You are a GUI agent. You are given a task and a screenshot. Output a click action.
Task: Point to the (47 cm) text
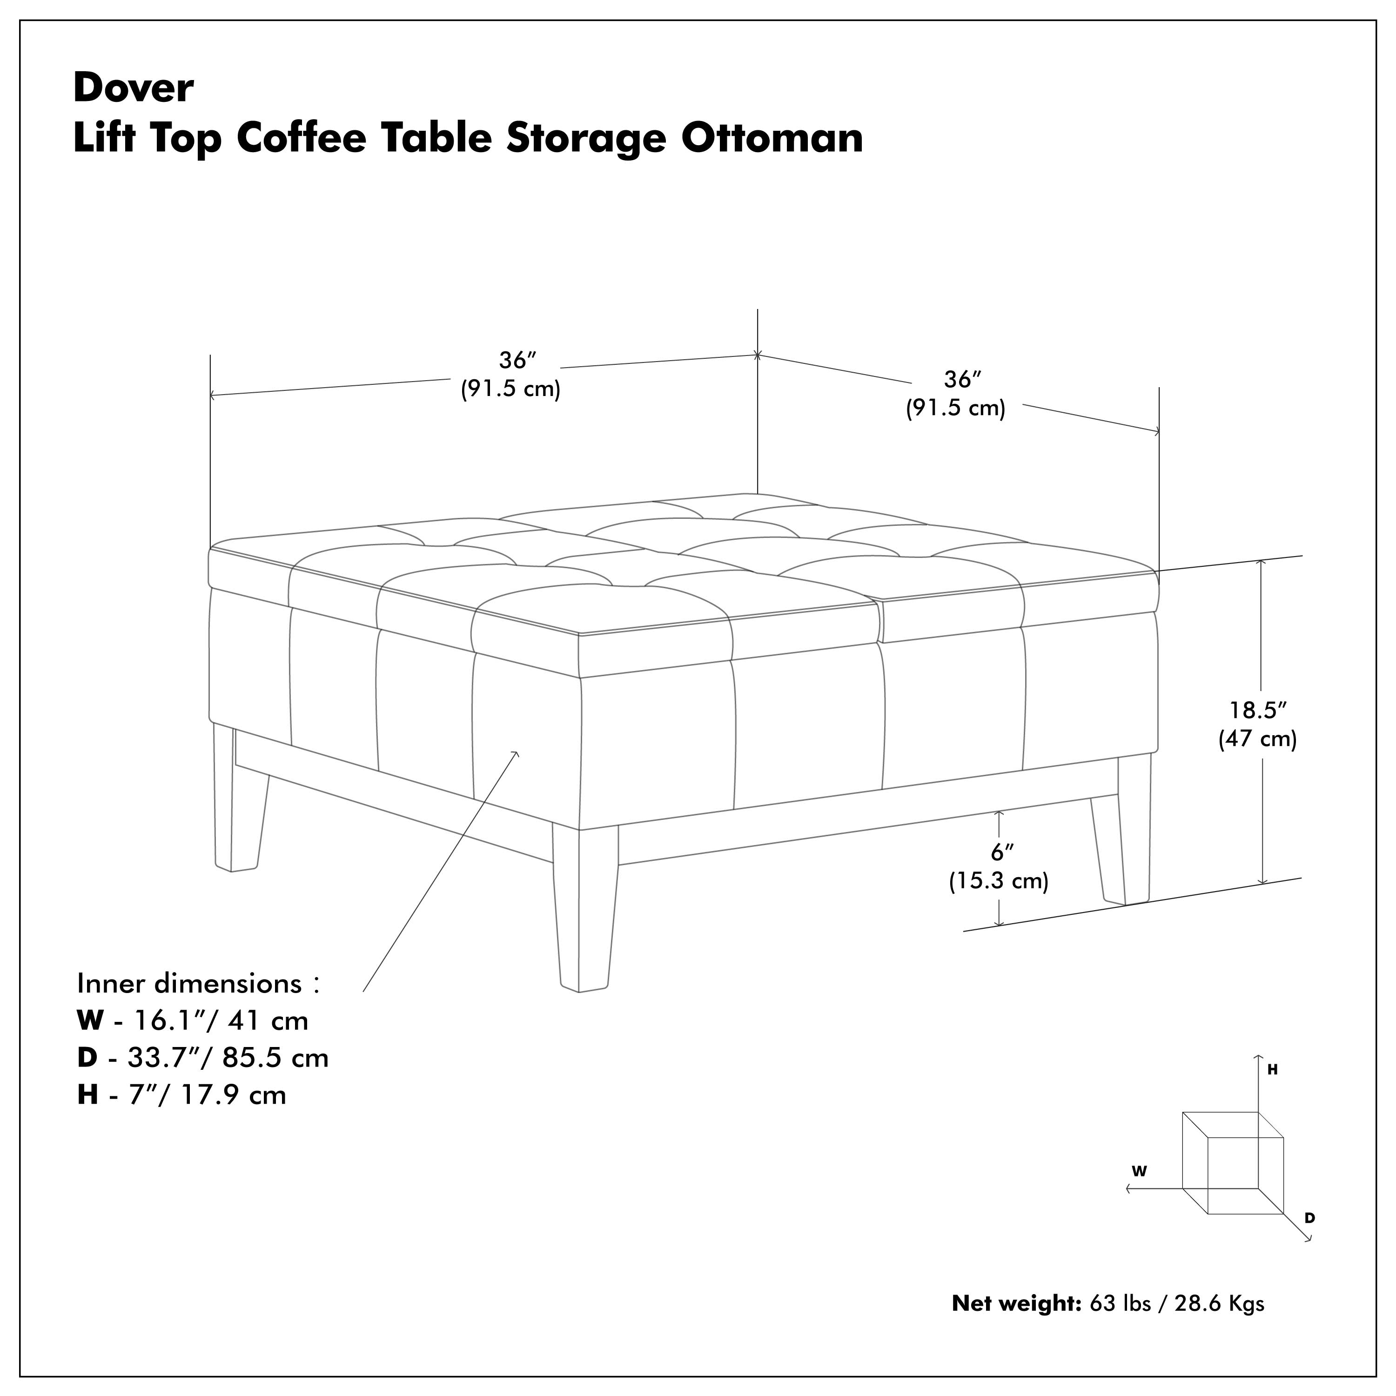pyautogui.click(x=1257, y=739)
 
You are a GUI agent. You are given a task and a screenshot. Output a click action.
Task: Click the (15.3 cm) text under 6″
pyautogui.click(x=999, y=881)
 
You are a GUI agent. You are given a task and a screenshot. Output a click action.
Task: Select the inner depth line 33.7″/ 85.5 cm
pyautogui.click(x=227, y=1058)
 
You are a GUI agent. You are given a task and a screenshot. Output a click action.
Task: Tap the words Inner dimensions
pyautogui.click(x=189, y=984)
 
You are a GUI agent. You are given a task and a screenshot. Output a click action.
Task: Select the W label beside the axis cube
pyautogui.click(x=1140, y=1172)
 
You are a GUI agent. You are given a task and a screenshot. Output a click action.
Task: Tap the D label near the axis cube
pyautogui.click(x=1309, y=1218)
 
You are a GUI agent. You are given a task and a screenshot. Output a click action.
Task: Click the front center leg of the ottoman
pyautogui.click(x=584, y=911)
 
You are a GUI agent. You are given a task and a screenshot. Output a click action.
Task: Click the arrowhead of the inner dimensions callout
pyautogui.click(x=516, y=754)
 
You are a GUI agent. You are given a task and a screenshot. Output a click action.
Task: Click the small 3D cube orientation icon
pyautogui.click(x=1232, y=1163)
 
